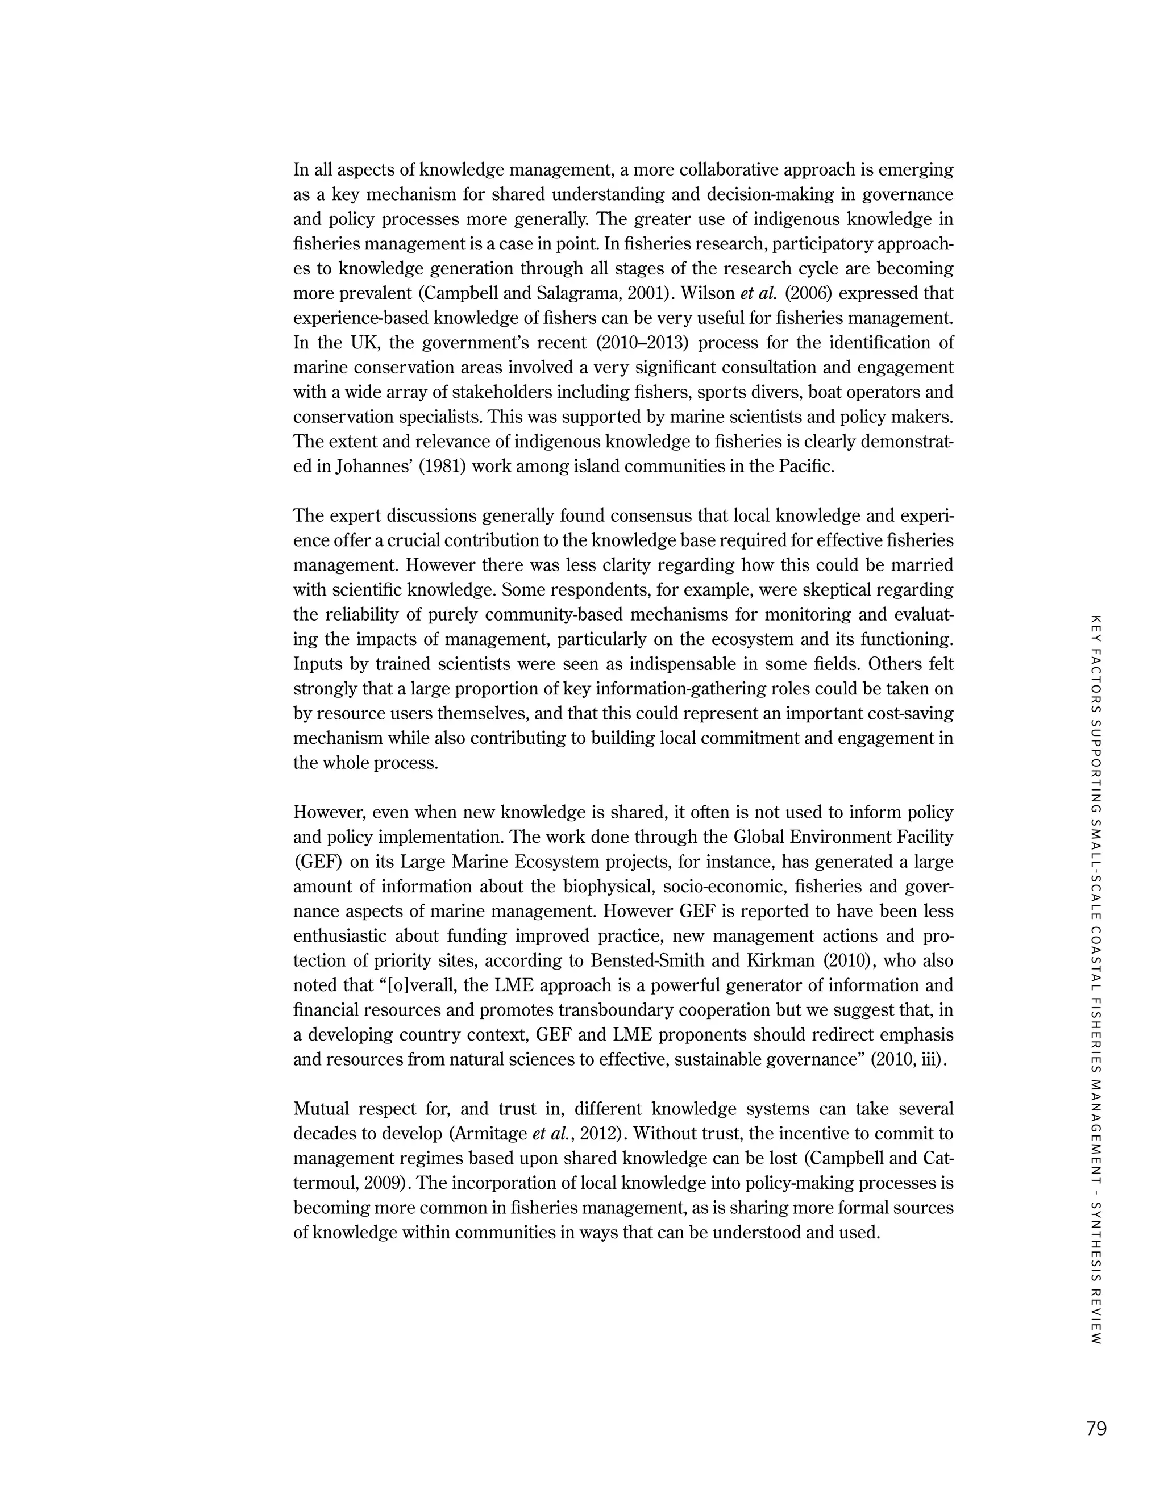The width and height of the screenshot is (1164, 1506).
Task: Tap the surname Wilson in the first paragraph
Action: (708, 294)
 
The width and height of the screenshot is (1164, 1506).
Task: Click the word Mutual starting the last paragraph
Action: (325, 1109)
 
